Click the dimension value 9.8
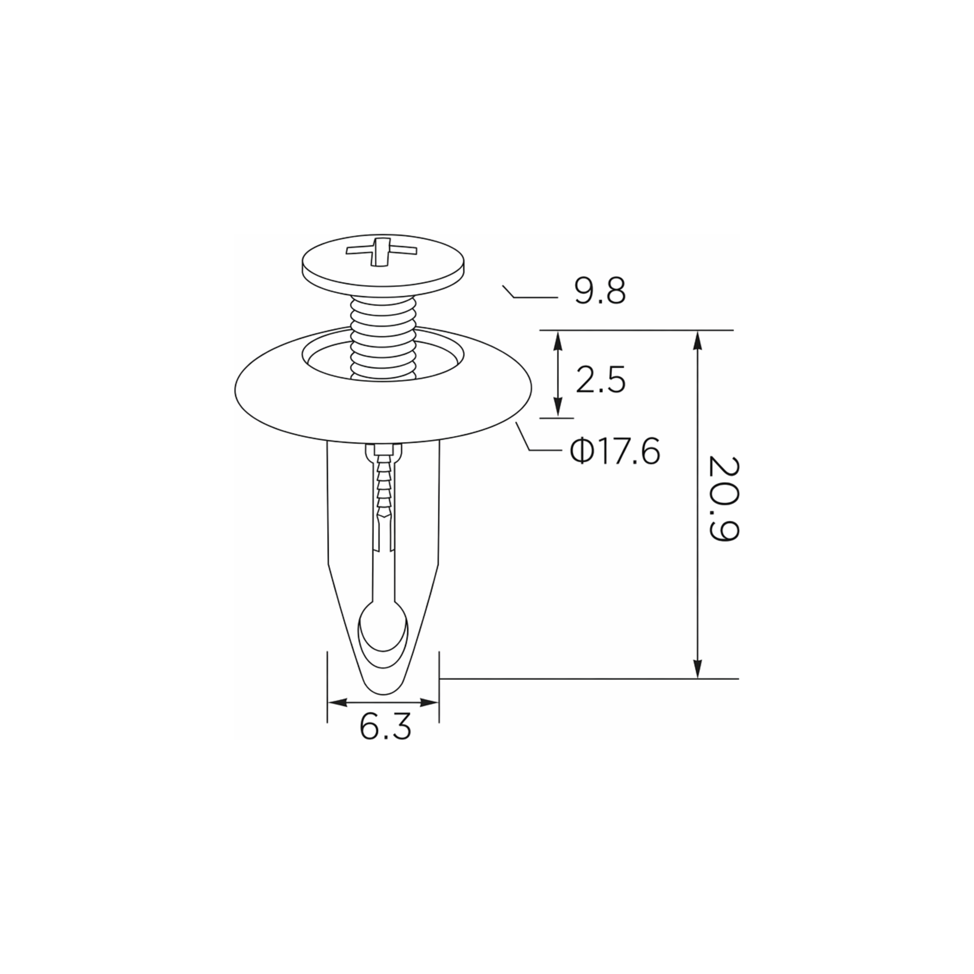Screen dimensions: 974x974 [x=600, y=291]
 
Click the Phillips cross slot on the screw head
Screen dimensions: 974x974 [x=382, y=250]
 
